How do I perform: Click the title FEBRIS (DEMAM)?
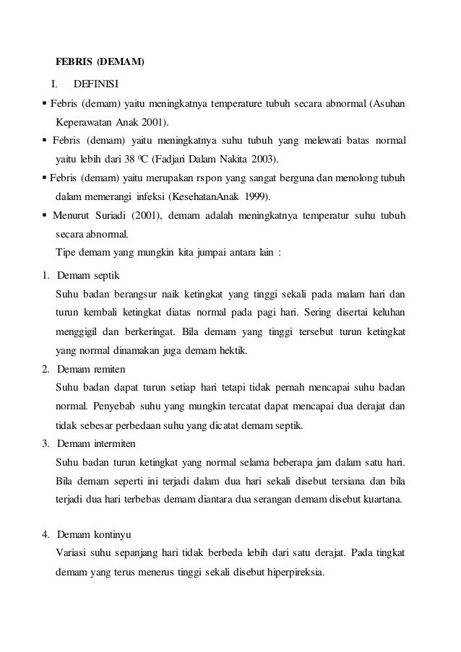click(100, 62)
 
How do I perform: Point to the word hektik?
click(231, 351)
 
